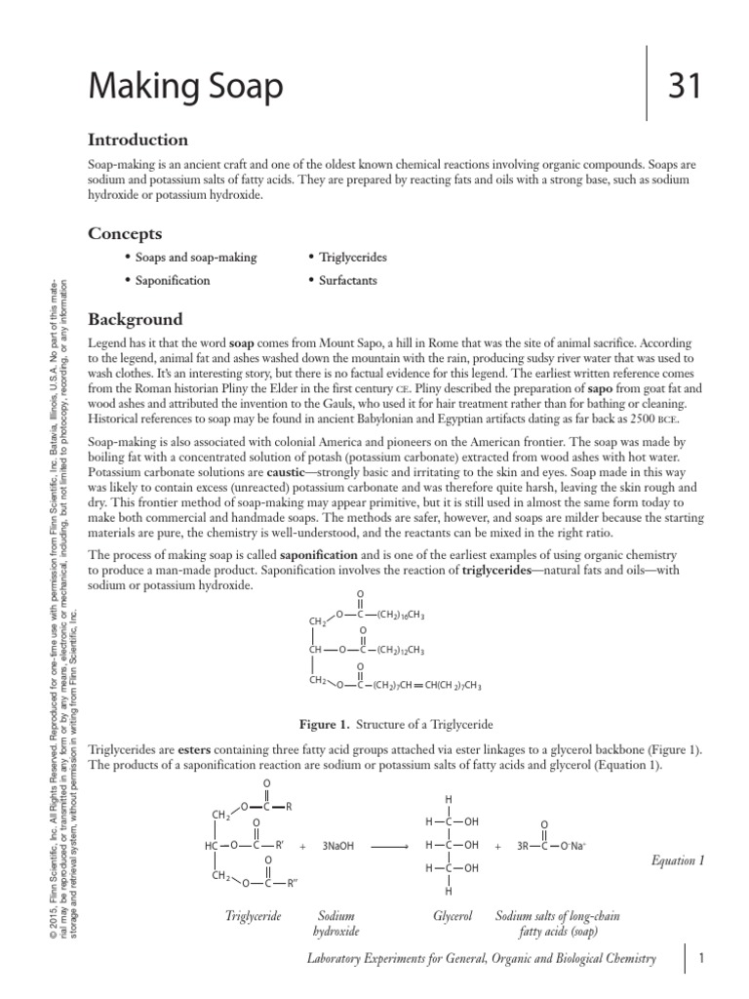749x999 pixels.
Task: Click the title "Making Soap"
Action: point(186,89)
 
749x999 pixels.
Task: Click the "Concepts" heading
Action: point(125,233)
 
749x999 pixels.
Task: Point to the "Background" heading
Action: point(136,319)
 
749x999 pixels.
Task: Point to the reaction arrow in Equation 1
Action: point(390,846)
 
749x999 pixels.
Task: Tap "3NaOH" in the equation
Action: point(339,846)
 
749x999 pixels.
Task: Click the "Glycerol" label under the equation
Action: point(453,917)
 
